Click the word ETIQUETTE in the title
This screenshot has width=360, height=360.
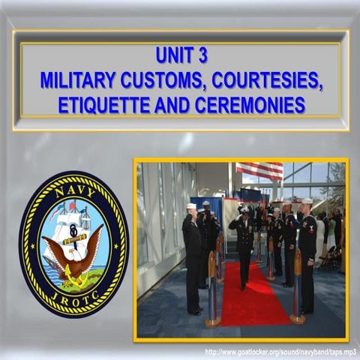click(104, 104)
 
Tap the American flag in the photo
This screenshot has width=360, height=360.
click(259, 171)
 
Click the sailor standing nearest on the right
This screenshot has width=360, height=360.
click(307, 255)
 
